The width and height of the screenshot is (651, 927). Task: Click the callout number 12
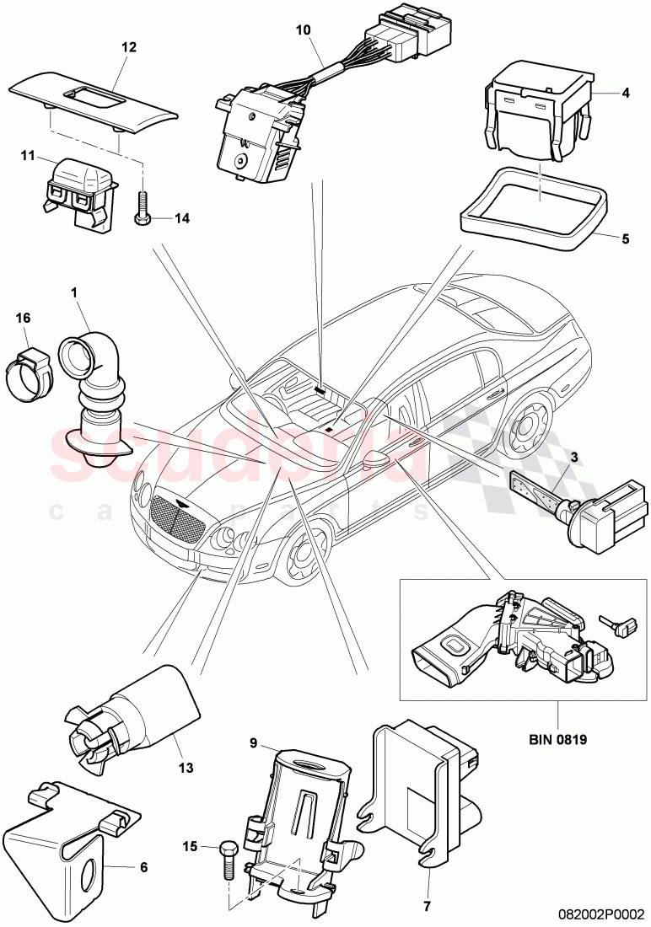(128, 48)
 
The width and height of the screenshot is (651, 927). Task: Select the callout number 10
(303, 30)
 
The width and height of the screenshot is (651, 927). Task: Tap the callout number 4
(625, 93)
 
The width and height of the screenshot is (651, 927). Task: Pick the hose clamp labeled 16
(32, 367)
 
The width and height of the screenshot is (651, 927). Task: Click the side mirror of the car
(377, 460)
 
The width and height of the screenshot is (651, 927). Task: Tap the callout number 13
(186, 768)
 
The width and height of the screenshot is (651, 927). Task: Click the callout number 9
(252, 743)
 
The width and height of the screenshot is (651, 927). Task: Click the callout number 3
(574, 457)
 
